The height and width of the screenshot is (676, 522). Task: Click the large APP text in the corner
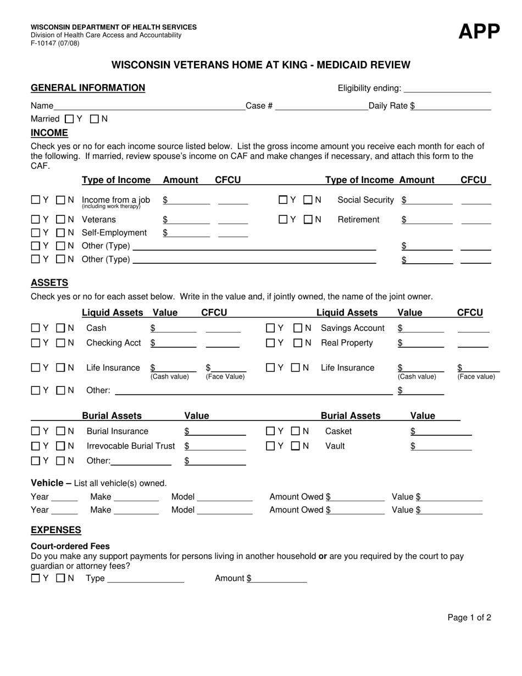tap(479, 32)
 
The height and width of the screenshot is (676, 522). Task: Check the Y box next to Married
tap(69, 119)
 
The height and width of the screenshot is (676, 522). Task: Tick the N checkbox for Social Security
tap(308, 200)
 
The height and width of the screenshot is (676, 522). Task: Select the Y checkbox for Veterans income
tap(35, 220)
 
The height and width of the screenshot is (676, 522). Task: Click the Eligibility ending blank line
tap(447, 88)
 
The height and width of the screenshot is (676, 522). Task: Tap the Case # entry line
tap(321, 106)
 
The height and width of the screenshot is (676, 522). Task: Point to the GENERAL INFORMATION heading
tap(88, 88)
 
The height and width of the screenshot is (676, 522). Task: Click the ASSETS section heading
tap(49, 282)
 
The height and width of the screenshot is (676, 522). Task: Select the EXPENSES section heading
tap(56, 530)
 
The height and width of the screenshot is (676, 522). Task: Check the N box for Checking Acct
tap(61, 343)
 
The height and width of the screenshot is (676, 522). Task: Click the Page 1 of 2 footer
tap(469, 618)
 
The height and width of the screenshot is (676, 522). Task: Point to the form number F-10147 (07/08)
tap(55, 43)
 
